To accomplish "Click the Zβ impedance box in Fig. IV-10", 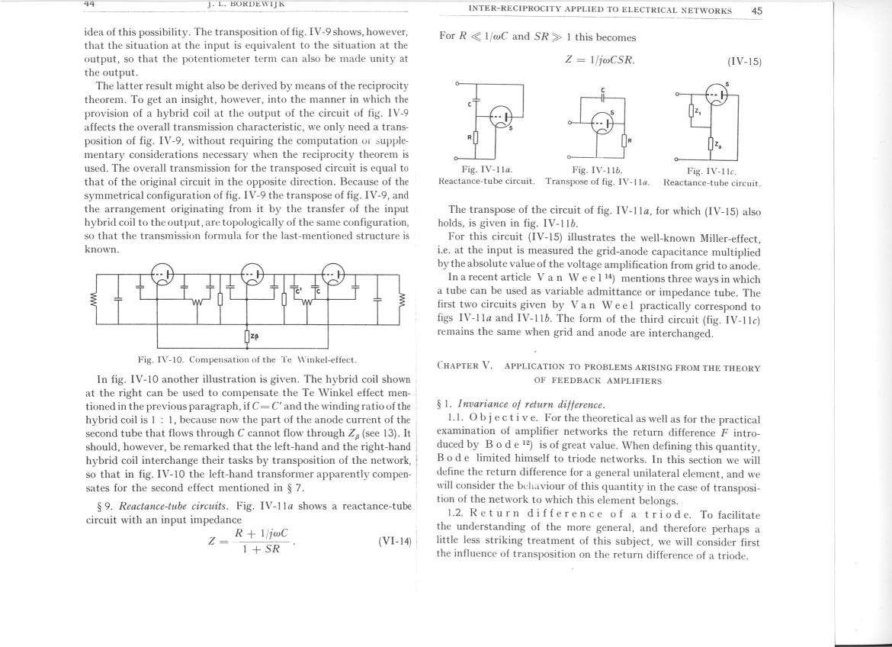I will click(x=248, y=336).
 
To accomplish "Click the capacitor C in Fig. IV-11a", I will click(x=476, y=101).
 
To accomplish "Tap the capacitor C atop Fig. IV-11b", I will click(x=602, y=98).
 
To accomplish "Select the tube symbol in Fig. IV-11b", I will click(x=602, y=123).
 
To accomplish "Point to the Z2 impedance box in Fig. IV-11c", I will click(x=711, y=143).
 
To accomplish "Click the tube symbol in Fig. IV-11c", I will click(x=716, y=95).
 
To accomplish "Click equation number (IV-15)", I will click(x=743, y=61).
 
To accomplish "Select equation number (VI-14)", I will click(x=394, y=541).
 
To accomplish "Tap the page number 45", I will click(x=756, y=11).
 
